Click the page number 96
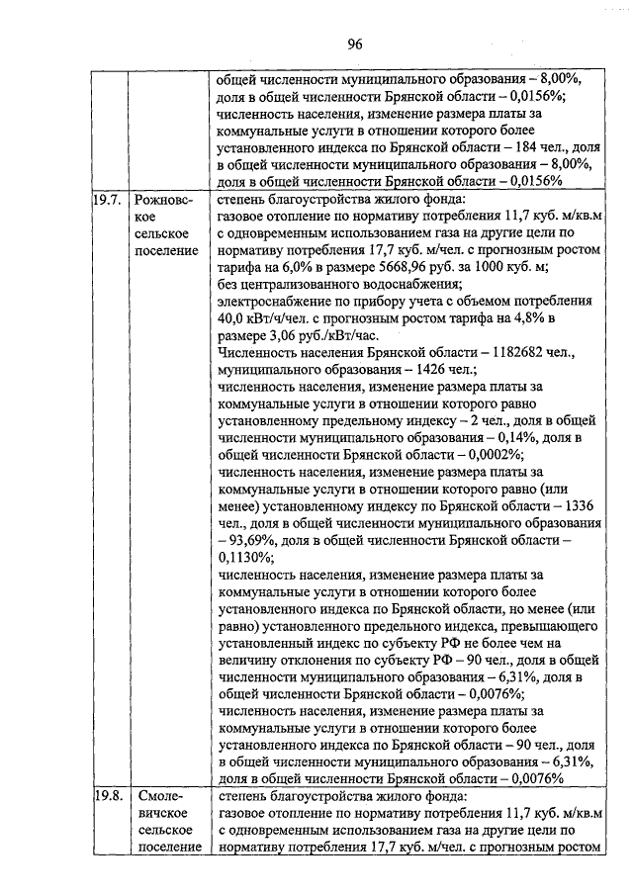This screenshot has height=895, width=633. (x=356, y=43)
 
